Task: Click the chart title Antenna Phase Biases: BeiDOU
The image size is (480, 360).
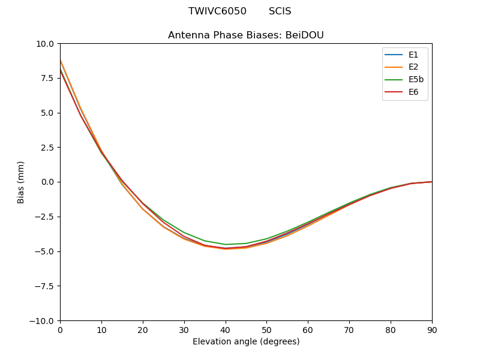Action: [x=246, y=35]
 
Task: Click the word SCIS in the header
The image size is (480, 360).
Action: [x=280, y=11]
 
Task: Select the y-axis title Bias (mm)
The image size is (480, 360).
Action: [x=21, y=182]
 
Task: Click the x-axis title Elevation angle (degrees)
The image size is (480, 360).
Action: [x=246, y=341]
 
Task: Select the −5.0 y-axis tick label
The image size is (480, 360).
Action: [x=45, y=251]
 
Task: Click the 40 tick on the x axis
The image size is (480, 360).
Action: [x=225, y=329]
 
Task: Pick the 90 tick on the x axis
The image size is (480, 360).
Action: [x=432, y=329]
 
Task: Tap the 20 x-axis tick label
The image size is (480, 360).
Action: [x=143, y=329]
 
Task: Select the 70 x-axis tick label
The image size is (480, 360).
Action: [x=349, y=329]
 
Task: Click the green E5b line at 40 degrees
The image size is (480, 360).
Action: [x=225, y=244]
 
